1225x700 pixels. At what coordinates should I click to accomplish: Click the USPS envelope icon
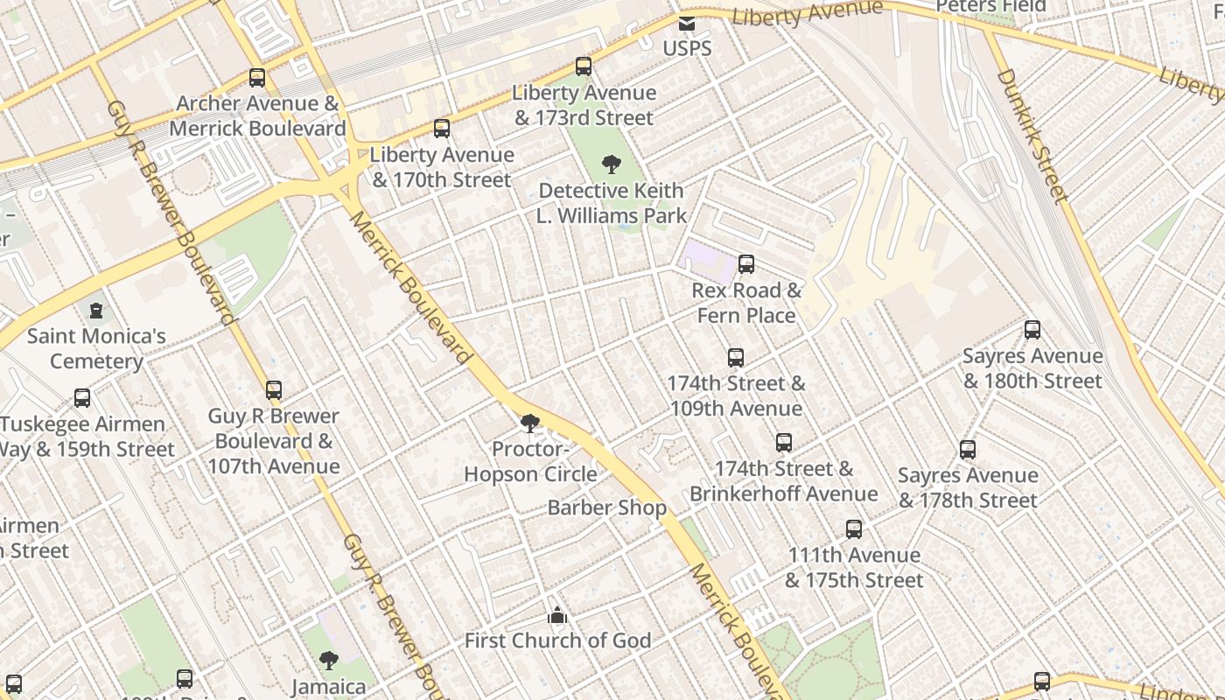687,24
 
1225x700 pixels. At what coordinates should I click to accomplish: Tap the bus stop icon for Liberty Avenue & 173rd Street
584,66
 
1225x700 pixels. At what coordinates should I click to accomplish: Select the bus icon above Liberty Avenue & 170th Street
442,129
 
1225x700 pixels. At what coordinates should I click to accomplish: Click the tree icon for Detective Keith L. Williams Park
612,164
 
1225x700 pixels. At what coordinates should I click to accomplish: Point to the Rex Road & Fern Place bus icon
746,264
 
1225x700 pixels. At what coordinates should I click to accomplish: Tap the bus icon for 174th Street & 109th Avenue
736,357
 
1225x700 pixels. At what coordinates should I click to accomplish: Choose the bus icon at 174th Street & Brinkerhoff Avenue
784,443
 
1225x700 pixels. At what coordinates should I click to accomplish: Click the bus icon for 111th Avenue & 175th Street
854,528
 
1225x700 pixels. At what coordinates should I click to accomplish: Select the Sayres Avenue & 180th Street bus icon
1032,330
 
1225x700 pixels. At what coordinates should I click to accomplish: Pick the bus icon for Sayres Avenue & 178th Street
968,450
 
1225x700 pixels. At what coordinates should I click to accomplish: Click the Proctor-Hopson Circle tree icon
529,424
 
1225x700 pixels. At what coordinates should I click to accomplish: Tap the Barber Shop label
606,507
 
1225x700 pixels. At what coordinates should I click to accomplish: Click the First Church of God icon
557,616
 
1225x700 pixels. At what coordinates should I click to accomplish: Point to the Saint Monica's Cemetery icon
96,311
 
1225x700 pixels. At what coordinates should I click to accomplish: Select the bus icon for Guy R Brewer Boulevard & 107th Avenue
274,390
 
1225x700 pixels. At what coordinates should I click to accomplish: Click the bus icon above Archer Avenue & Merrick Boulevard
257,77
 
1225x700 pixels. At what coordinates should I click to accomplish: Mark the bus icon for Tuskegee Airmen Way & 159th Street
82,398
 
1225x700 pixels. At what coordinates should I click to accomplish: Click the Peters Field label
990,7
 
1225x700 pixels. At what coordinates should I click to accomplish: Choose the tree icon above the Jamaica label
328,661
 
